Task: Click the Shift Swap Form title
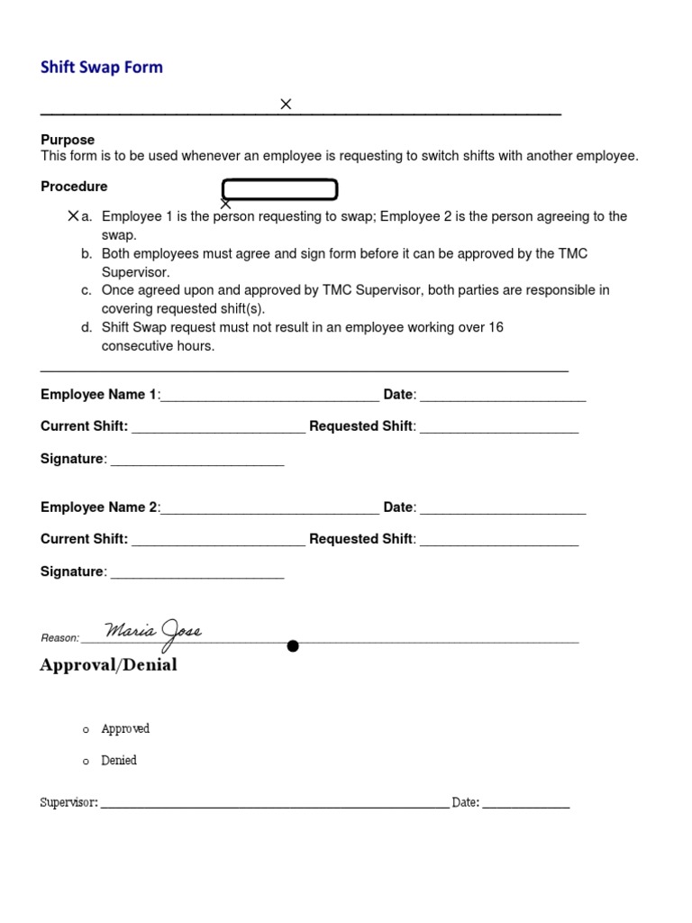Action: (x=102, y=68)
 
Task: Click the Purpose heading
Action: (x=68, y=140)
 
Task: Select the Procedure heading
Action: (x=74, y=187)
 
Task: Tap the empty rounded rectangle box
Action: (x=279, y=189)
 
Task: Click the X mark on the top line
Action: (x=286, y=105)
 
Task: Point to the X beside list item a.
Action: (x=73, y=216)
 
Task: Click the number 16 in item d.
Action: (x=496, y=327)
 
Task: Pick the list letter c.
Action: (x=86, y=290)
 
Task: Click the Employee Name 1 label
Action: (x=99, y=394)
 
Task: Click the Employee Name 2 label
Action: (x=99, y=507)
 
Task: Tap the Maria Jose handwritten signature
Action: (x=153, y=632)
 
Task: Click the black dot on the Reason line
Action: (x=292, y=645)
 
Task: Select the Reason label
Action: (x=59, y=638)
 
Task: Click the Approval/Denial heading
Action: (x=108, y=665)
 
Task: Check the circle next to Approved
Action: (x=86, y=730)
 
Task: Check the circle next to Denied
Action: (x=86, y=763)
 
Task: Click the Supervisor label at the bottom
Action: (x=69, y=802)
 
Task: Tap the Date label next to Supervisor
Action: (x=465, y=802)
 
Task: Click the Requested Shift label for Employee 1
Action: (x=360, y=426)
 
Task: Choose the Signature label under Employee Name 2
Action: (x=72, y=571)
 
